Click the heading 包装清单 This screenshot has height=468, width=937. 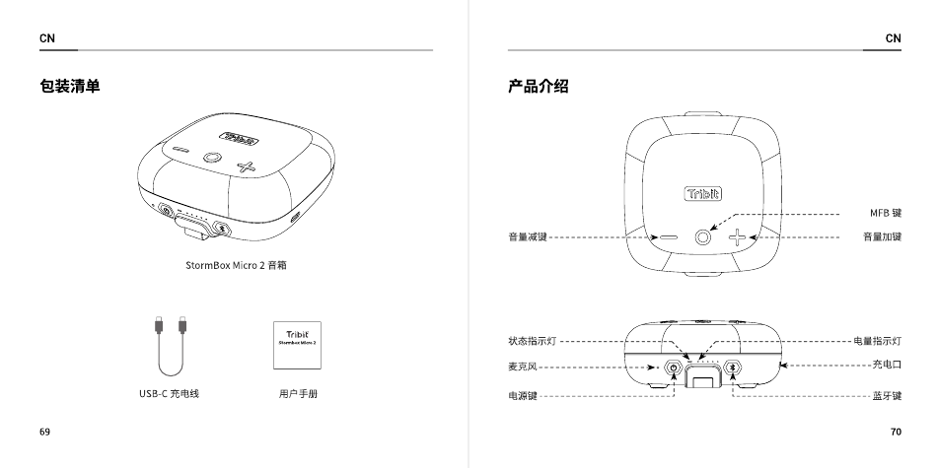click(x=69, y=87)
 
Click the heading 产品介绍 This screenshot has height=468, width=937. click(x=538, y=87)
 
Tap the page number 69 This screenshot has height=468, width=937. click(x=44, y=432)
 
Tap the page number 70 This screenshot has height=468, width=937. click(x=896, y=432)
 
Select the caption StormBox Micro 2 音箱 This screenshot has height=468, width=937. click(x=236, y=266)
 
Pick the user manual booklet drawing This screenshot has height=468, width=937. click(x=297, y=346)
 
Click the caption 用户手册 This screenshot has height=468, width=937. click(x=298, y=394)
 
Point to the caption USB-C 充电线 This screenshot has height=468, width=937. click(x=170, y=394)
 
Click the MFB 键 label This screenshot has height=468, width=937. click(x=885, y=213)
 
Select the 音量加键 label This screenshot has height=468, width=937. click(x=882, y=236)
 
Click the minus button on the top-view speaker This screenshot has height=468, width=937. click(x=670, y=237)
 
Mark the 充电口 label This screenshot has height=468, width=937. click(x=887, y=365)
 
